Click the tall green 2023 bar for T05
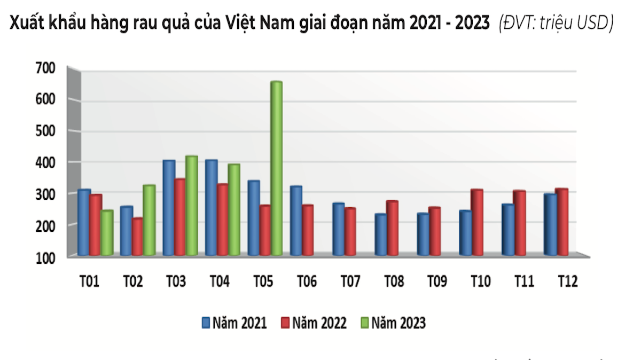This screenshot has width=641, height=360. pyautogui.click(x=276, y=168)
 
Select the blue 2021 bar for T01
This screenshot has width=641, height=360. pyautogui.click(x=84, y=222)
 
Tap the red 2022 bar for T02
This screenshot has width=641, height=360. pyautogui.click(x=137, y=236)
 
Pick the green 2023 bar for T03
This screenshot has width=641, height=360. pyautogui.click(x=191, y=206)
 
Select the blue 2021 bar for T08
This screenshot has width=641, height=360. pyautogui.click(x=381, y=234)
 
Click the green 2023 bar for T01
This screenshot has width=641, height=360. pyautogui.click(x=107, y=233)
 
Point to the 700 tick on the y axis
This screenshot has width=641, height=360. pyautogui.click(x=45, y=68)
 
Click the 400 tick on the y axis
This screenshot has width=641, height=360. pyautogui.click(x=45, y=162)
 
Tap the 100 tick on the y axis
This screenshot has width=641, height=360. pyautogui.click(x=45, y=257)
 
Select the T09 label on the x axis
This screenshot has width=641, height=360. pyautogui.click(x=436, y=281)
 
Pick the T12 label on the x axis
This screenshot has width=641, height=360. pyautogui.click(x=567, y=281)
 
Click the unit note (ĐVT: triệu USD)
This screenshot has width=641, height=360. pyautogui.click(x=556, y=23)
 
